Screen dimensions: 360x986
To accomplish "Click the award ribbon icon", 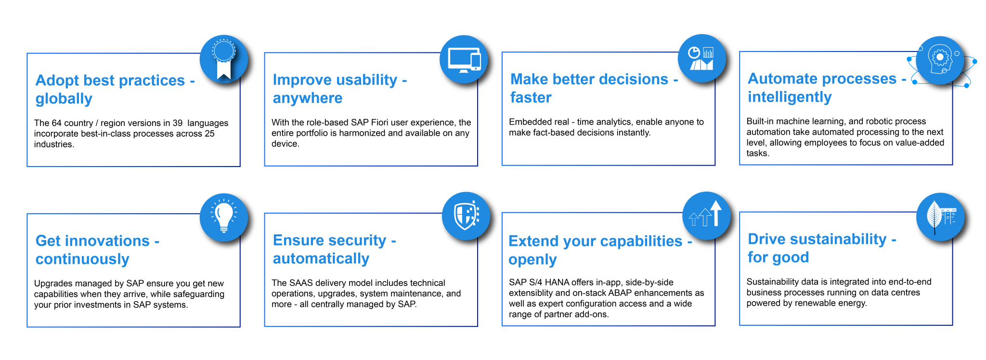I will point(224,59).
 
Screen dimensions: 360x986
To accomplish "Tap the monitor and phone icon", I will point(464,60).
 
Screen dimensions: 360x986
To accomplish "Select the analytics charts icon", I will point(701,58).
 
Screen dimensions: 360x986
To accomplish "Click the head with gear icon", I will point(939,60).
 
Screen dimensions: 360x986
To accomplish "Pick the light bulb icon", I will point(224,218).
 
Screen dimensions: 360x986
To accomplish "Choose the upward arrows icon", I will point(706,215).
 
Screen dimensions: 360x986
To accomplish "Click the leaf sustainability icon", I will point(940,217).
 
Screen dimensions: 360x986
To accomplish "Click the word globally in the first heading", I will point(64,99).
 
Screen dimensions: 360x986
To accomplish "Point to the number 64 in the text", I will point(57,123).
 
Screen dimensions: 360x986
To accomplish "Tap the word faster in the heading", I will point(531,98).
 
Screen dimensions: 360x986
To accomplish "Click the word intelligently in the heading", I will point(790,97).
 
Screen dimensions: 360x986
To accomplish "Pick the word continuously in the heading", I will point(82,259).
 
